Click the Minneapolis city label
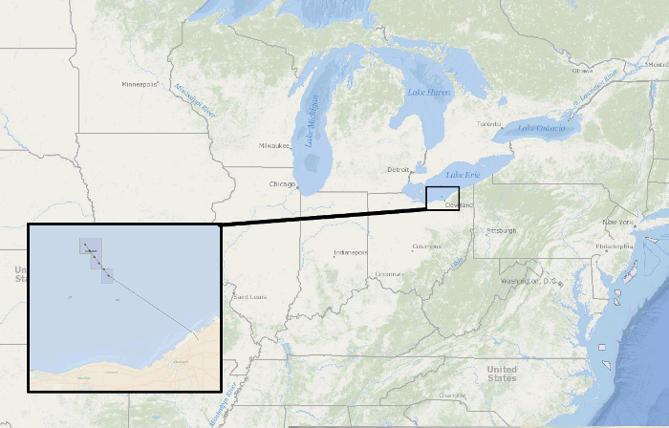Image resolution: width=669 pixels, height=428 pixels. (x=140, y=84)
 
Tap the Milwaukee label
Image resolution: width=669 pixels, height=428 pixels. (x=273, y=145)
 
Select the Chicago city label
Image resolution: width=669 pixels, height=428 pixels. (x=282, y=183)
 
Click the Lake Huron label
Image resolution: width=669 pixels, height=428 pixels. (x=429, y=92)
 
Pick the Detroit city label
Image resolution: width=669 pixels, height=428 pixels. (x=398, y=169)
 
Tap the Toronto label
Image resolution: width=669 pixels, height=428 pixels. (x=488, y=124)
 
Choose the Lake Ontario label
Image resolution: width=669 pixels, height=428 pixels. (x=541, y=127)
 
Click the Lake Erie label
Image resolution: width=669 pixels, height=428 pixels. (x=464, y=174)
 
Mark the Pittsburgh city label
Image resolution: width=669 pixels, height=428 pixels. (x=501, y=230)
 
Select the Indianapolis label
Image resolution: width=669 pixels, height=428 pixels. (x=349, y=252)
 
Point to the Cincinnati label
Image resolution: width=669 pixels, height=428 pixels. (x=389, y=274)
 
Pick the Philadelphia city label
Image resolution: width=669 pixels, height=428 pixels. (x=614, y=246)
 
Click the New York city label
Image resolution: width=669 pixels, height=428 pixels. (x=617, y=222)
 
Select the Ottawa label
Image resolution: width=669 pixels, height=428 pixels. (x=582, y=70)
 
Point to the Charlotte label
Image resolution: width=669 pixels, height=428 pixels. (x=453, y=395)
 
